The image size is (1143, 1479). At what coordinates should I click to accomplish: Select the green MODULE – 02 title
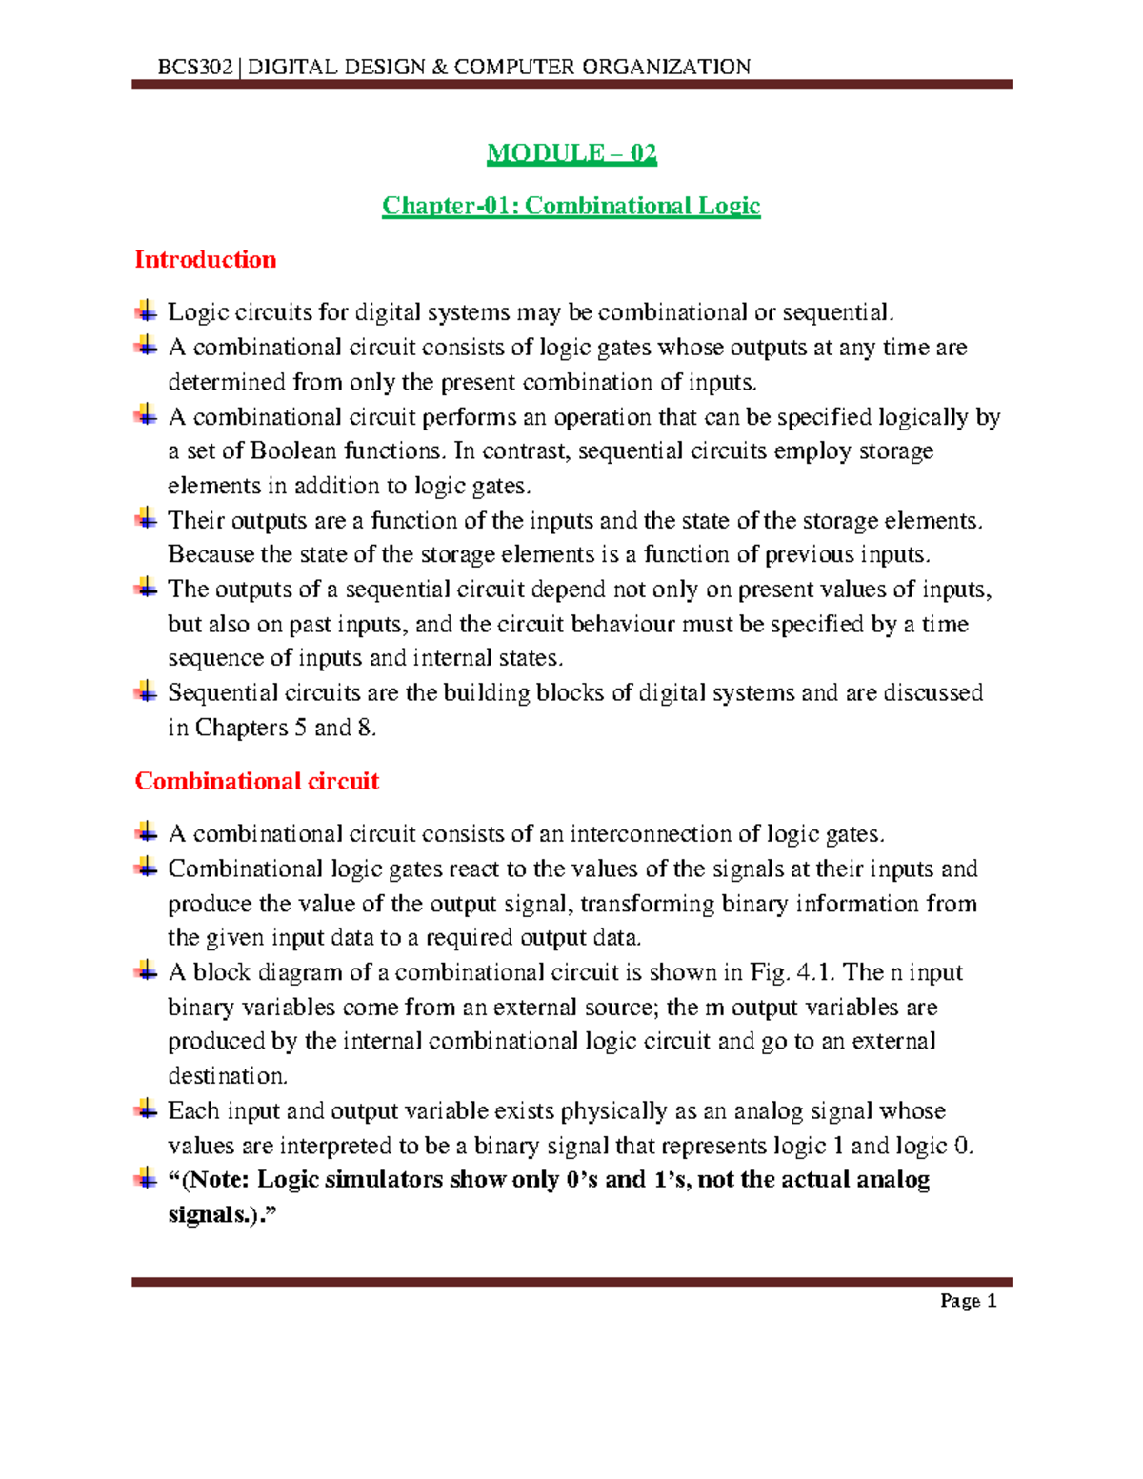tap(571, 153)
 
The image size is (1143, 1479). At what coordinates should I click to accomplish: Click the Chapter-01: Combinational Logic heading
tap(571, 206)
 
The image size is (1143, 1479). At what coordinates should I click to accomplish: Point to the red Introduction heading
tap(206, 260)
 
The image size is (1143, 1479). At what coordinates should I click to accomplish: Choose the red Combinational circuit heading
tap(257, 781)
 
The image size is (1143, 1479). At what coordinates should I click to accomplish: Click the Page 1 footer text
tap(968, 1301)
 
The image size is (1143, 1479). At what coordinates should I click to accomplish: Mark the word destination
tap(227, 1076)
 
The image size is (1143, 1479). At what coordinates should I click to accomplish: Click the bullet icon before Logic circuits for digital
tap(146, 310)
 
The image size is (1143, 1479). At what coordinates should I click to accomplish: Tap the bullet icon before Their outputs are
tap(146, 519)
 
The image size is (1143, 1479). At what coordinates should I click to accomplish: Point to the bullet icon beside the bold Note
tap(146, 1178)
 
